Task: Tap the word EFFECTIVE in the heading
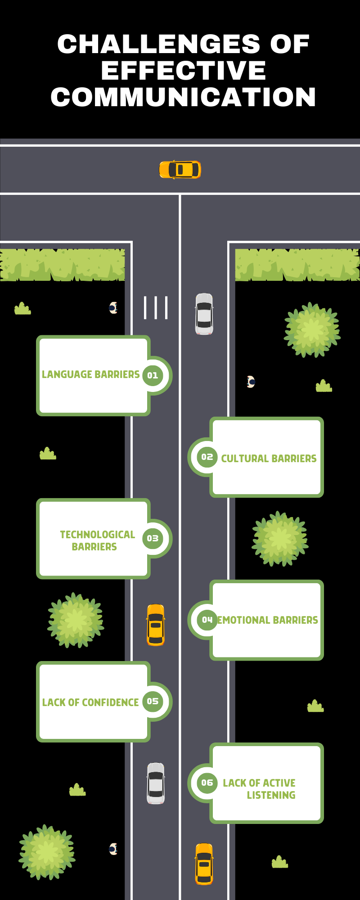[184, 71]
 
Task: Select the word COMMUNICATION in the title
[184, 97]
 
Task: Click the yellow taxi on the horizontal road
[180, 170]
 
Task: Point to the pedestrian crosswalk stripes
[156, 308]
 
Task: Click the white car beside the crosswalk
[204, 314]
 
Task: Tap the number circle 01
[153, 375]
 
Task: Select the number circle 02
[207, 457]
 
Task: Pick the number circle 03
[153, 538]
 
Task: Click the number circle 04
[207, 620]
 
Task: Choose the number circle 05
[153, 701]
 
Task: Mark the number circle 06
[207, 783]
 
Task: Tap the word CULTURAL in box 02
[245, 459]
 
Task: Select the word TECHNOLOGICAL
[98, 535]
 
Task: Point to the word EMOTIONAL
[243, 620]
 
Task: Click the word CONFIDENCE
[111, 702]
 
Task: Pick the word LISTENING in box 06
[271, 795]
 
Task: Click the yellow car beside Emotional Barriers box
[156, 625]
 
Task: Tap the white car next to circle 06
[156, 783]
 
